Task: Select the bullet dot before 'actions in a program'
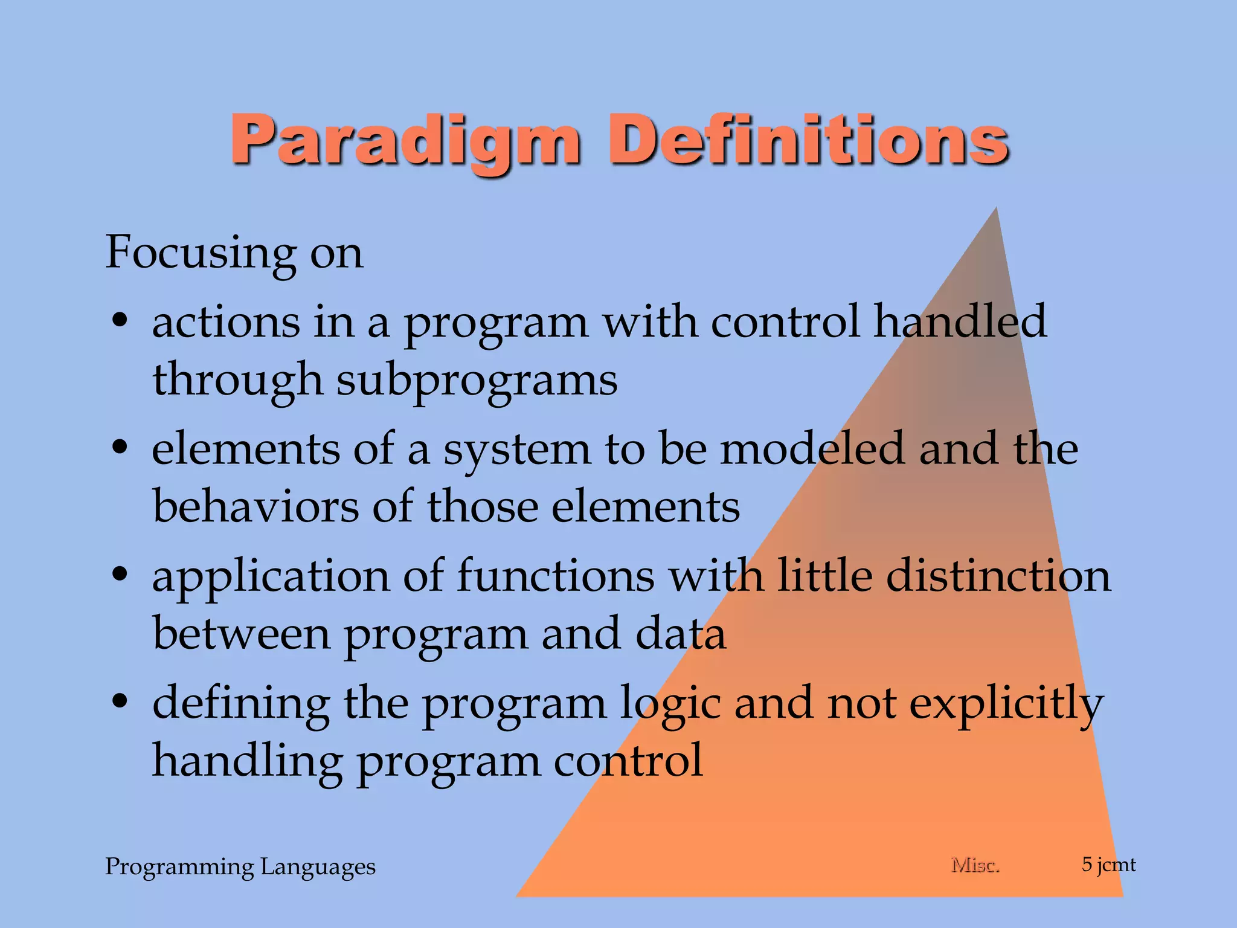120,321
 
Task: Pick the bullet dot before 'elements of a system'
120,448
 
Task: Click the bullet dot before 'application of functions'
120,575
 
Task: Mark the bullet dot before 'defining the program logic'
120,702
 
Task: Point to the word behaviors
256,506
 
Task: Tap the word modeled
812,449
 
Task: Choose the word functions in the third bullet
556,576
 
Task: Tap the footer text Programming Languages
240,867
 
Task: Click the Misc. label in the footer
975,865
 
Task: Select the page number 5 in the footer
1087,865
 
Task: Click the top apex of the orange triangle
995,210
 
